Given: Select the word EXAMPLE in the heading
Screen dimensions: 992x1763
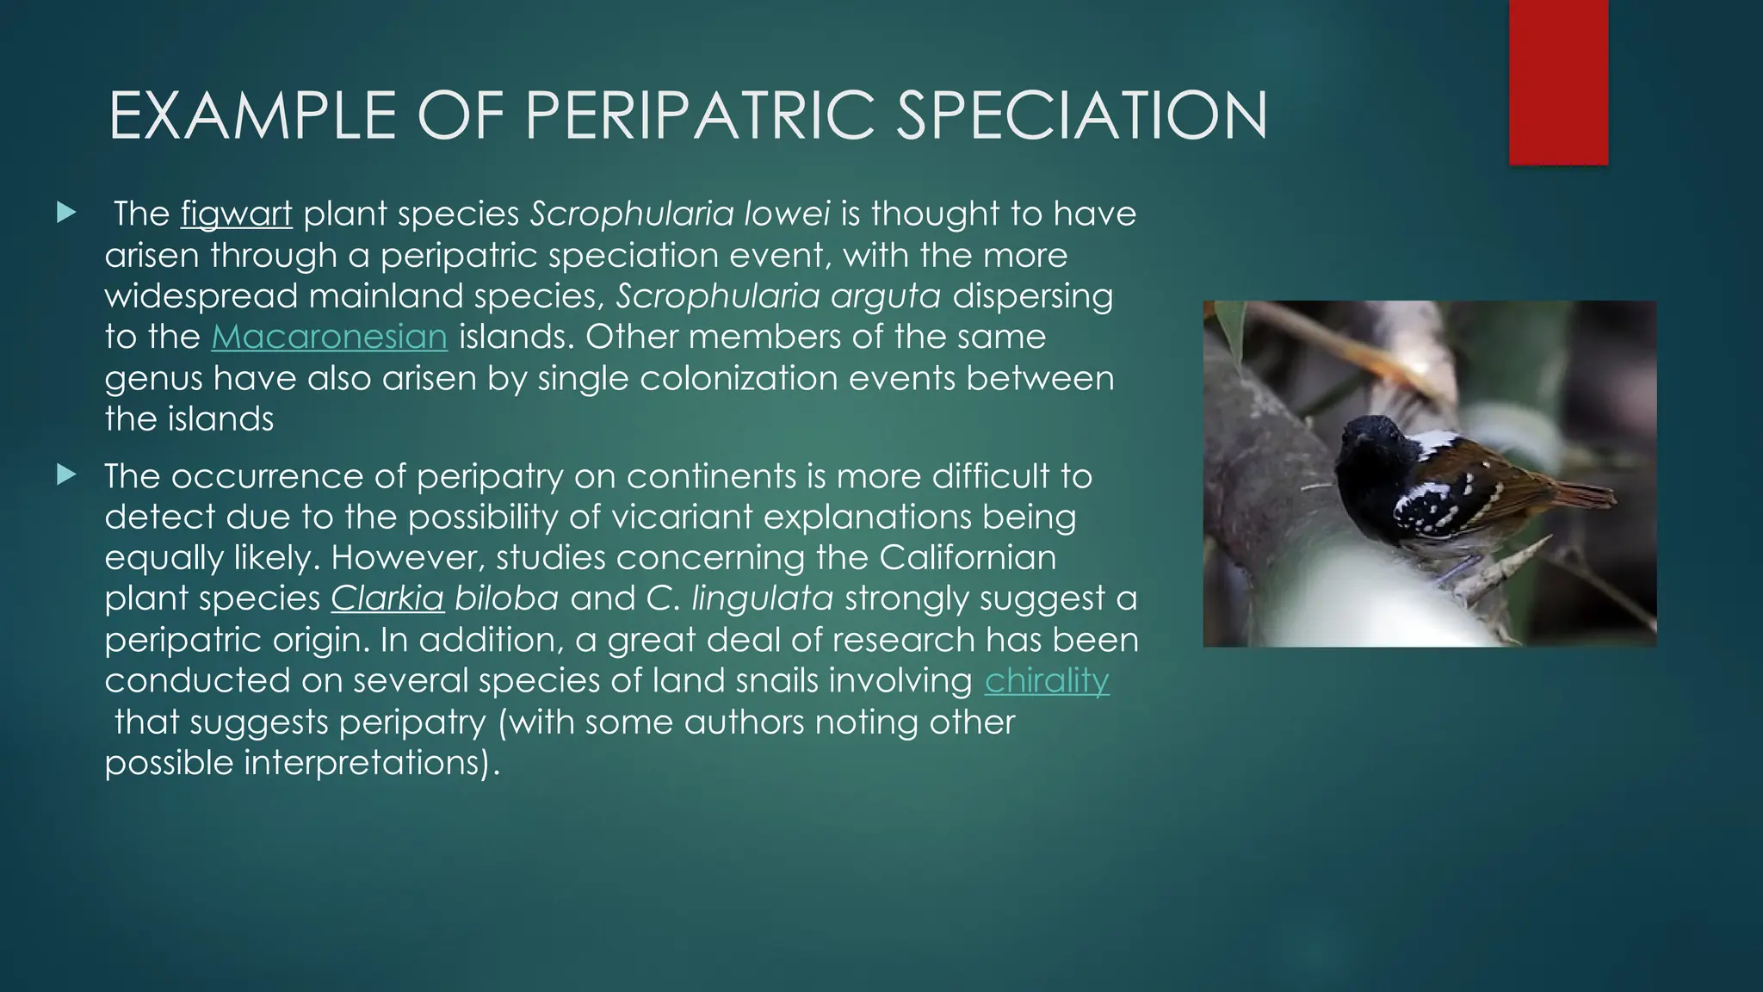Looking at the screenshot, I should point(252,116).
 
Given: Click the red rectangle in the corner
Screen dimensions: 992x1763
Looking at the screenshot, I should point(1558,82).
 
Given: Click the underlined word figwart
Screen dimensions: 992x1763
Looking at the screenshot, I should point(236,214).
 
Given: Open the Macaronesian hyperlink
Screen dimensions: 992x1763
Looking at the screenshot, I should point(329,337).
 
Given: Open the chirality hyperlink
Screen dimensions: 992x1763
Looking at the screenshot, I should point(1046,681).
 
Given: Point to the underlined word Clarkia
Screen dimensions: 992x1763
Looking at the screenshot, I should point(387,598).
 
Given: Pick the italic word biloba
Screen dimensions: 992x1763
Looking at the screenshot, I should point(506,598).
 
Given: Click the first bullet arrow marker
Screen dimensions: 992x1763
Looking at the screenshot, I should point(66,213).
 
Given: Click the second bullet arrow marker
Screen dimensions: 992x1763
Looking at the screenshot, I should point(66,474).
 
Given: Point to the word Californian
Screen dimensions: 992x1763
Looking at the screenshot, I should point(967,558).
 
